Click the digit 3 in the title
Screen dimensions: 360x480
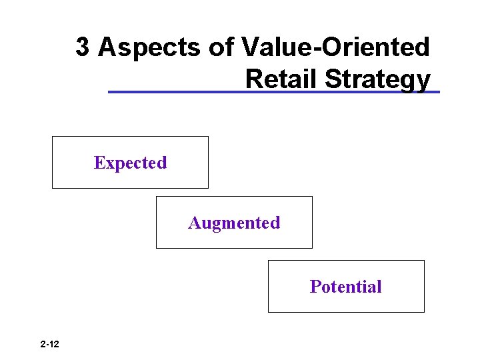click(83, 47)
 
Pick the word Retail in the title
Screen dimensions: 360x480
click(282, 79)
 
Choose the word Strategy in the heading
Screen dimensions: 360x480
click(378, 79)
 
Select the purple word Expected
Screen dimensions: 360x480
click(130, 163)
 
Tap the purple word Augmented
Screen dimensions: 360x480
click(234, 223)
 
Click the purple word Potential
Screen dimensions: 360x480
click(345, 287)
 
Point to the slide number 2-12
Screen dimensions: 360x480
click(49, 345)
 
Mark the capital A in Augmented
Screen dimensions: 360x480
click(194, 223)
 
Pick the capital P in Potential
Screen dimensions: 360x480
click(315, 287)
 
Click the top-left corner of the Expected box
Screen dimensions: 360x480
click(53, 137)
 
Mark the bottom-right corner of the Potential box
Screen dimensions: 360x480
click(424, 312)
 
